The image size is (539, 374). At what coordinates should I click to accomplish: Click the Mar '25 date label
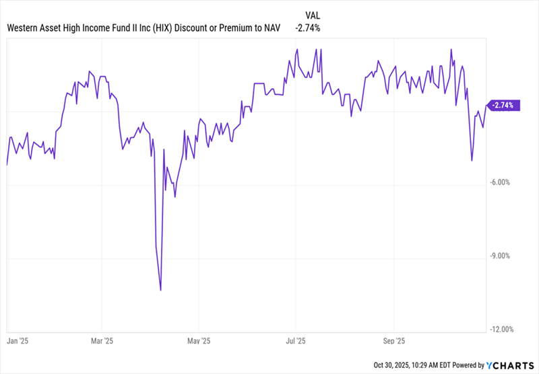pos(102,340)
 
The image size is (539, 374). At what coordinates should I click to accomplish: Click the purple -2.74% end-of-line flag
pos(502,105)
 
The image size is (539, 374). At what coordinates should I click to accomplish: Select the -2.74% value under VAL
pos(307,28)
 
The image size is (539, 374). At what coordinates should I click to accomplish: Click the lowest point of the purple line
pos(161,290)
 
